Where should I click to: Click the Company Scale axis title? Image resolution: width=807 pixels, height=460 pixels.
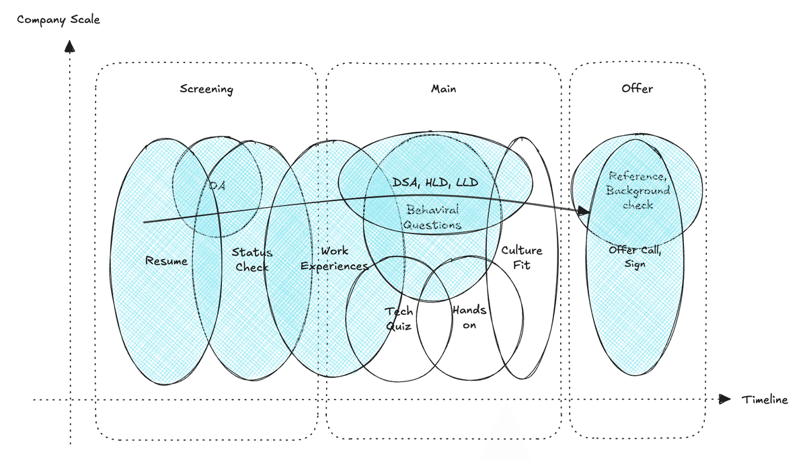click(59, 20)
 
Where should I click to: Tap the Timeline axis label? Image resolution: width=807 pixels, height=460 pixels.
click(765, 399)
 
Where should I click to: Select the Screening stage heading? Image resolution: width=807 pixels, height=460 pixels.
click(206, 89)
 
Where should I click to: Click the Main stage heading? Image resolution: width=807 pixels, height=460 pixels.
click(443, 88)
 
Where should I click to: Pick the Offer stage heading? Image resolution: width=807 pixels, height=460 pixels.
click(637, 88)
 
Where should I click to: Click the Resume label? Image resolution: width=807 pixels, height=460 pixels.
click(166, 260)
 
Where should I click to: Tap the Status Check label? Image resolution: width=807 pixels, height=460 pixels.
click(252, 260)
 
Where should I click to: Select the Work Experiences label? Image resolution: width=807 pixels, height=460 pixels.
click(334, 258)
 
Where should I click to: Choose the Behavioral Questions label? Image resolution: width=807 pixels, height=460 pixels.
click(433, 217)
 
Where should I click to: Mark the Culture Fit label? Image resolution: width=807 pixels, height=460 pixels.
click(521, 258)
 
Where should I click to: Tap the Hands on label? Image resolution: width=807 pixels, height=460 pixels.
click(469, 317)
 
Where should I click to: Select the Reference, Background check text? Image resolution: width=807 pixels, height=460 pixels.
click(638, 190)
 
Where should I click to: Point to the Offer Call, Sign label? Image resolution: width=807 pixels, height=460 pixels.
click(635, 257)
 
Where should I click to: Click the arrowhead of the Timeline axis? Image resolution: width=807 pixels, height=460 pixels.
click(724, 399)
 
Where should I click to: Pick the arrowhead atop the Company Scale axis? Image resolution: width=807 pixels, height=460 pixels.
click(69, 47)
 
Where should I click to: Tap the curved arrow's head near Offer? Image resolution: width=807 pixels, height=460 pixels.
click(583, 211)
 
